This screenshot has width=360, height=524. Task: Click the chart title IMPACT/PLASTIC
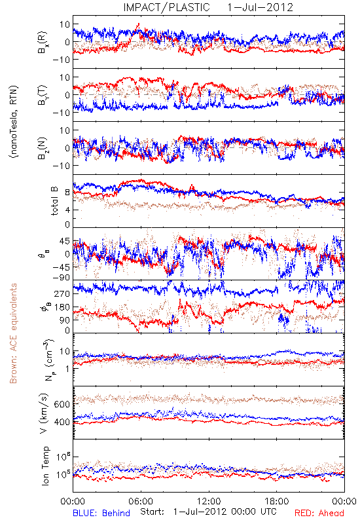click(x=166, y=7)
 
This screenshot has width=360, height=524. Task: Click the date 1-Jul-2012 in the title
click(x=260, y=7)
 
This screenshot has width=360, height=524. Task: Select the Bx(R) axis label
click(x=43, y=43)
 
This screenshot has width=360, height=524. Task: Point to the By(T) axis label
click(x=43, y=95)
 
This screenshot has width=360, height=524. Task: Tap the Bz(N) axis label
click(x=43, y=148)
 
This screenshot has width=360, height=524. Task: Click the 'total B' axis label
click(x=54, y=201)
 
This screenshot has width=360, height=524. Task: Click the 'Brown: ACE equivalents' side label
click(x=13, y=333)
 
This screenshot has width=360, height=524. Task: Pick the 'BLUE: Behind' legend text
click(x=101, y=513)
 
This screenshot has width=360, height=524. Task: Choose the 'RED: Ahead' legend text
click(x=319, y=513)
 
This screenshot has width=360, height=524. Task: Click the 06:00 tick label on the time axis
click(x=141, y=501)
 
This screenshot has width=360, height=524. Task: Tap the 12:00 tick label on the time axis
click(x=209, y=501)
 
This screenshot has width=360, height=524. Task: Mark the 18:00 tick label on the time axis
click(x=277, y=501)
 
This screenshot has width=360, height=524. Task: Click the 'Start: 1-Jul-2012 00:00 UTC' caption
click(x=208, y=512)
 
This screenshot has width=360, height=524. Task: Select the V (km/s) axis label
click(x=44, y=413)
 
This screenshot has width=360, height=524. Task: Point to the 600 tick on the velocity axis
click(x=62, y=404)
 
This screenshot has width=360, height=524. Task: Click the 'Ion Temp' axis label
click(x=45, y=466)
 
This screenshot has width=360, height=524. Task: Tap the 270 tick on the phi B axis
click(x=62, y=293)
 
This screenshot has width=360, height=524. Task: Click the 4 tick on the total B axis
click(x=67, y=210)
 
